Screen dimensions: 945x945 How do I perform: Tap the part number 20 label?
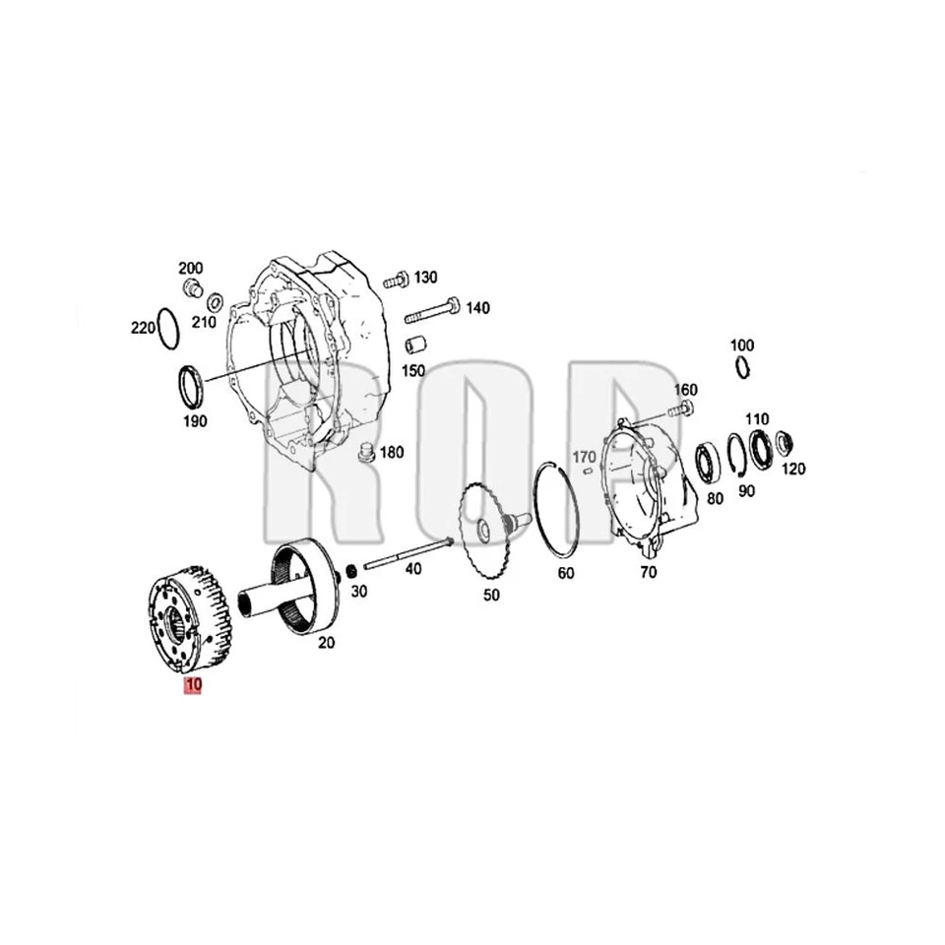tap(325, 642)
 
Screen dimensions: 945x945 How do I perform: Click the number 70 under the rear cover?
tap(647, 572)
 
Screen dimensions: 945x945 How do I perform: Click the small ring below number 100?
tap(742, 367)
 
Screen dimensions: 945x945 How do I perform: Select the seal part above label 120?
tap(785, 443)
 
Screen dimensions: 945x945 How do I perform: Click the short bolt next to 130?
tap(393, 280)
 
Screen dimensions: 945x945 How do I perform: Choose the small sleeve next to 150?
tap(414, 347)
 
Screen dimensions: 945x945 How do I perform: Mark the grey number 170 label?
tap(584, 457)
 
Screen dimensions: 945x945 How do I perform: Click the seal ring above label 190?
tap(190, 385)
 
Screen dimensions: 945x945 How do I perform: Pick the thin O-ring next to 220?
tap(168, 327)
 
